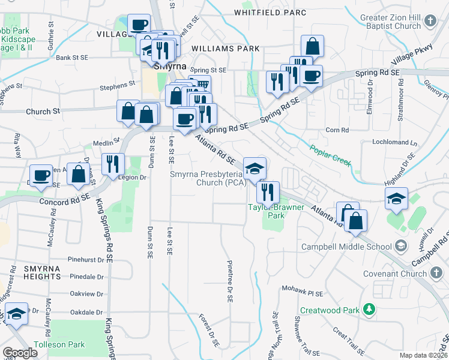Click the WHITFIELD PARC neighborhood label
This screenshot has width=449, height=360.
tap(270, 13)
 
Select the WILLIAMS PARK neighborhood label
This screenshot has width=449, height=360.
tap(225, 49)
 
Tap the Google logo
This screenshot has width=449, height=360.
tap(20, 353)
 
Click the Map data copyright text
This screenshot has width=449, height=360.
tap(424, 355)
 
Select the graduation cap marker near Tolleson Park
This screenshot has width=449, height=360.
tap(16, 314)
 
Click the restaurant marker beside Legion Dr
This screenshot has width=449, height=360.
tap(113, 163)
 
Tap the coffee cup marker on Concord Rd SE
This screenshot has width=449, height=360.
tap(41, 175)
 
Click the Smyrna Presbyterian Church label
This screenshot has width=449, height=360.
tap(208, 179)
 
